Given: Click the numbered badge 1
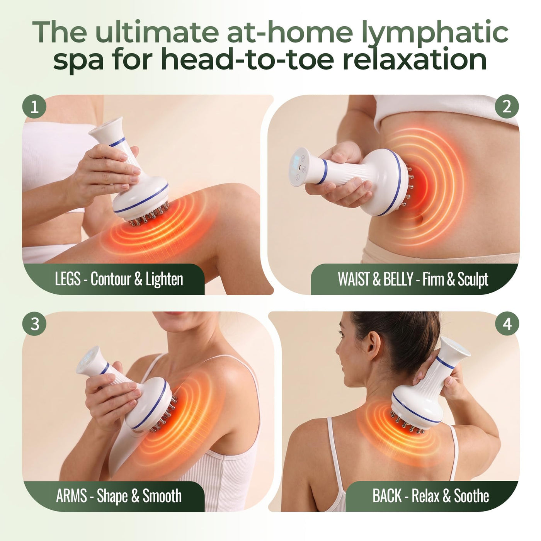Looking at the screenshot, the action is point(34,106).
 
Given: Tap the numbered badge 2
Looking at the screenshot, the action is point(507,106).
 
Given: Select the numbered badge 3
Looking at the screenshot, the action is point(34,324).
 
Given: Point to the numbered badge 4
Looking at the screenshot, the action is point(507,324).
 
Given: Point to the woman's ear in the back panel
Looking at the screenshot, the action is point(373,346).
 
